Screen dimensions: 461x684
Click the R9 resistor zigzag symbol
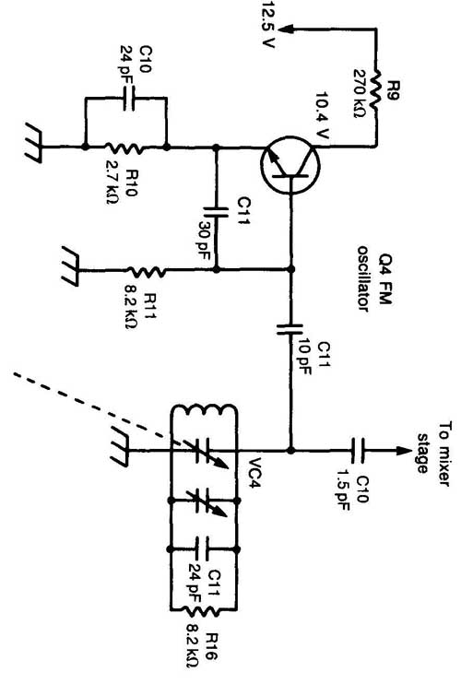[x=375, y=89]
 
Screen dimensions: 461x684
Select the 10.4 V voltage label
[x=322, y=115]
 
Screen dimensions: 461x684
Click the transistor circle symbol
[x=290, y=165]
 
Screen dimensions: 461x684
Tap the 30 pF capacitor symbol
[x=216, y=212]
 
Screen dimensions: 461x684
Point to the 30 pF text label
[x=205, y=241]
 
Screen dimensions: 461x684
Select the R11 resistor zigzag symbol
[x=146, y=271]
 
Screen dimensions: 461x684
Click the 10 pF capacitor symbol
[x=290, y=329]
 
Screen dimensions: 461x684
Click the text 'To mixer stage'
[x=433, y=454]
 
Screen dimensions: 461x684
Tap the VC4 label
[x=254, y=473]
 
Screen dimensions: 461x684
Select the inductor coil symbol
[x=204, y=410]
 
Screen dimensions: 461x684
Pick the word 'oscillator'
[x=363, y=279]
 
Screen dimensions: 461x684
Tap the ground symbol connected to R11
[x=71, y=266]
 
